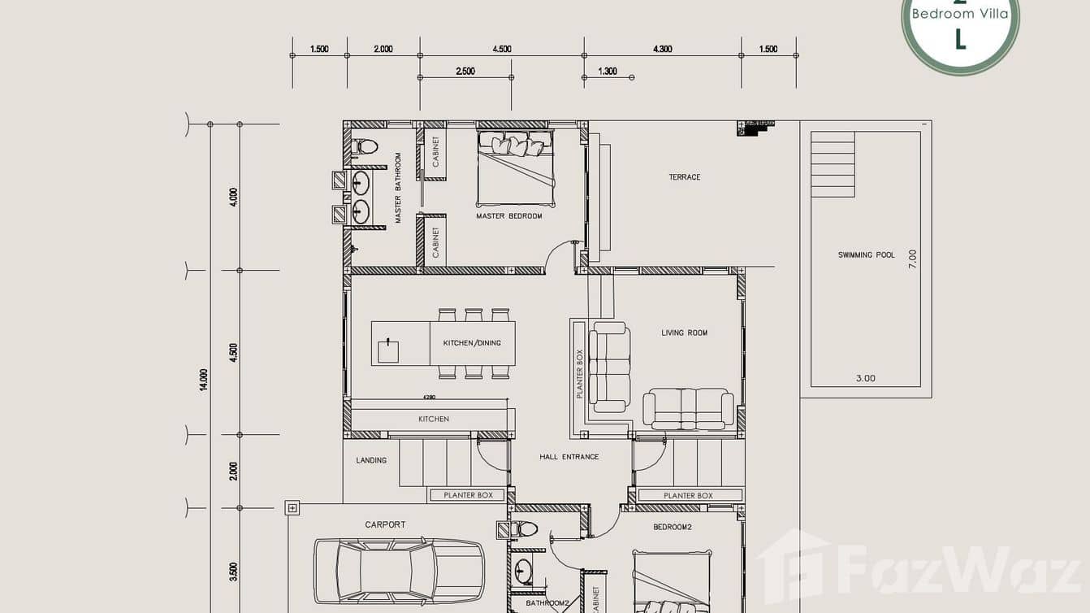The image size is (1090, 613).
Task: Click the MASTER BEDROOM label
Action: [508, 216]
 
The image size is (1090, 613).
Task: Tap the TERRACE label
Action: [684, 177]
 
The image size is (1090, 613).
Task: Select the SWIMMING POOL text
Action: [866, 255]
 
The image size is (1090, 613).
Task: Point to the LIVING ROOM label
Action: [684, 333]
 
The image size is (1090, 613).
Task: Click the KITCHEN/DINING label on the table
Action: [471, 343]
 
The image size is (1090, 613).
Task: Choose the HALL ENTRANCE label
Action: [569, 457]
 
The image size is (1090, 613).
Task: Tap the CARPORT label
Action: [385, 525]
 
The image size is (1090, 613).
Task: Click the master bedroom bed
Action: [516, 167]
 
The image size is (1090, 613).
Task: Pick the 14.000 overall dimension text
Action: [204, 380]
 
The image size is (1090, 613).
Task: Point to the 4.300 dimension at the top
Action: [662, 50]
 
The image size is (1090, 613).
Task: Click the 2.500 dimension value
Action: [465, 72]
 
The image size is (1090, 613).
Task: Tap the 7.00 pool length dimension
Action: [912, 259]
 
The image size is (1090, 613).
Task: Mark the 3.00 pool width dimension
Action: [866, 378]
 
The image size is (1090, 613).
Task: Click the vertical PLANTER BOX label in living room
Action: [580, 373]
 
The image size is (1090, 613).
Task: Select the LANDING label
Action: [371, 461]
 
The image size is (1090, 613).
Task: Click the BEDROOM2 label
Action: [672, 527]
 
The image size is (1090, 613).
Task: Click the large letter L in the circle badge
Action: [960, 39]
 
